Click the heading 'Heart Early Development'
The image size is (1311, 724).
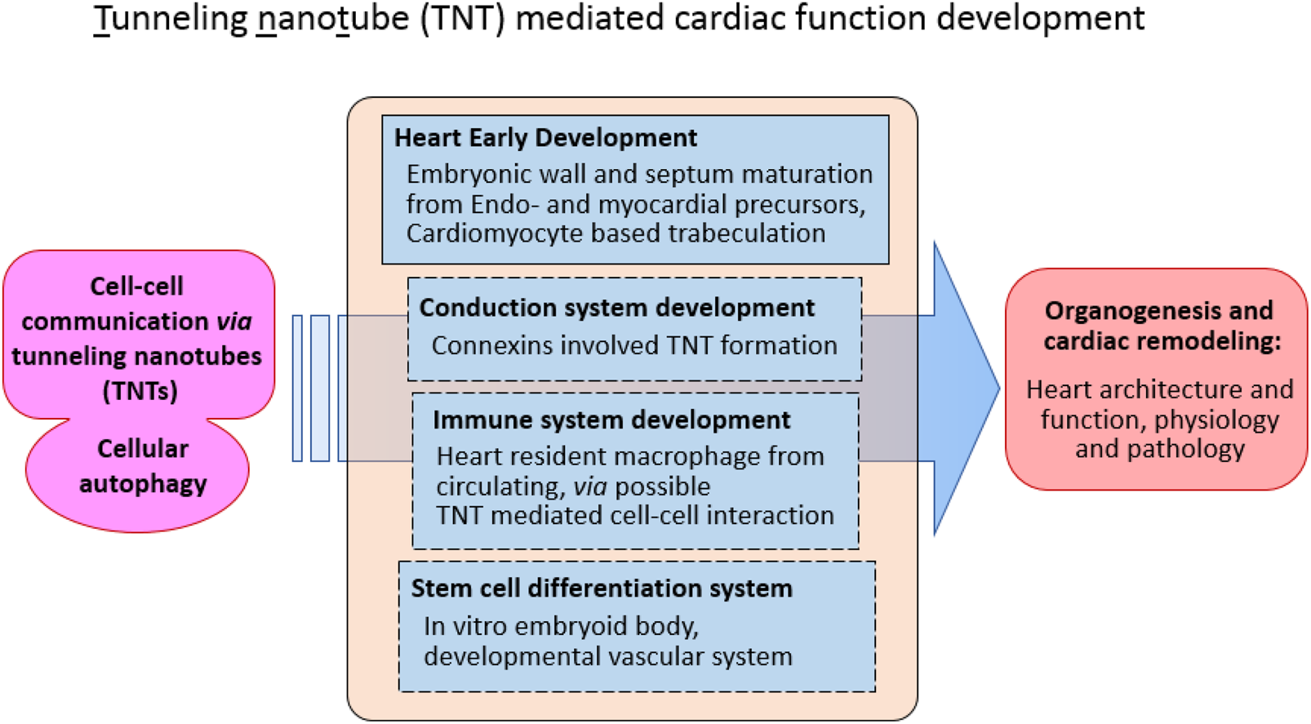[x=545, y=138]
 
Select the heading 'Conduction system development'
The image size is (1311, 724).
[x=616, y=308]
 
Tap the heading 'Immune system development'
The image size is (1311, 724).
[x=611, y=420]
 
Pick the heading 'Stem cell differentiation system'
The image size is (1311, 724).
[x=602, y=589]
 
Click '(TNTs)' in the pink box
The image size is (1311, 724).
[x=140, y=392]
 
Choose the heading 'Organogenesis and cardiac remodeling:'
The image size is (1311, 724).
[x=1159, y=326]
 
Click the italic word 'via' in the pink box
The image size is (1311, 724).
[x=234, y=322]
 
